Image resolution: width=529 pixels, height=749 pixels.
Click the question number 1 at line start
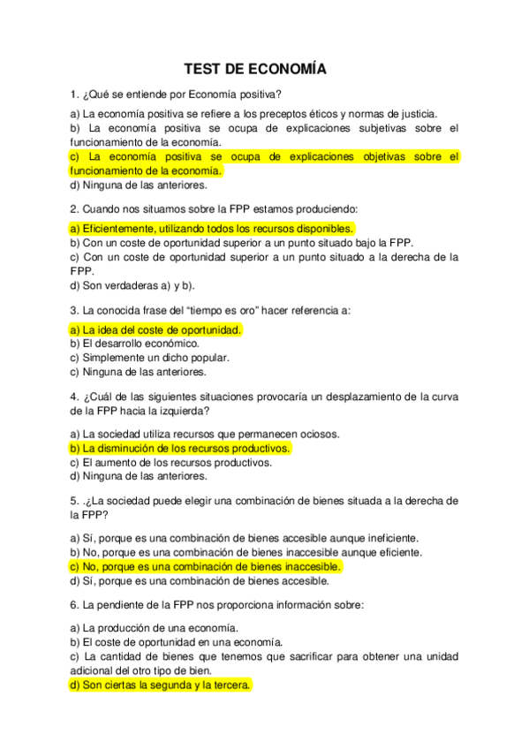73,95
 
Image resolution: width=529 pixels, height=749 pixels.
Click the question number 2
73,209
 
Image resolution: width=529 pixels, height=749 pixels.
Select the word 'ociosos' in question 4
297,434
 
